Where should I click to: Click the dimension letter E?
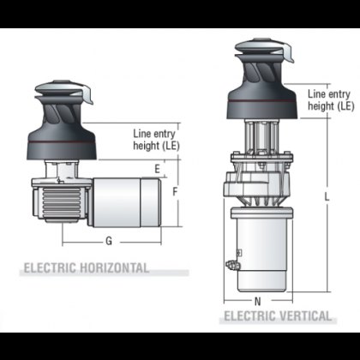click(156, 170)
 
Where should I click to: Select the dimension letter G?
click(109, 239)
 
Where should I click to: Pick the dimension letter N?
click(258, 301)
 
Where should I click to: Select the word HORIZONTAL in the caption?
click(111, 268)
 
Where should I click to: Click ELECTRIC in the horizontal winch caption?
click(49, 268)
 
